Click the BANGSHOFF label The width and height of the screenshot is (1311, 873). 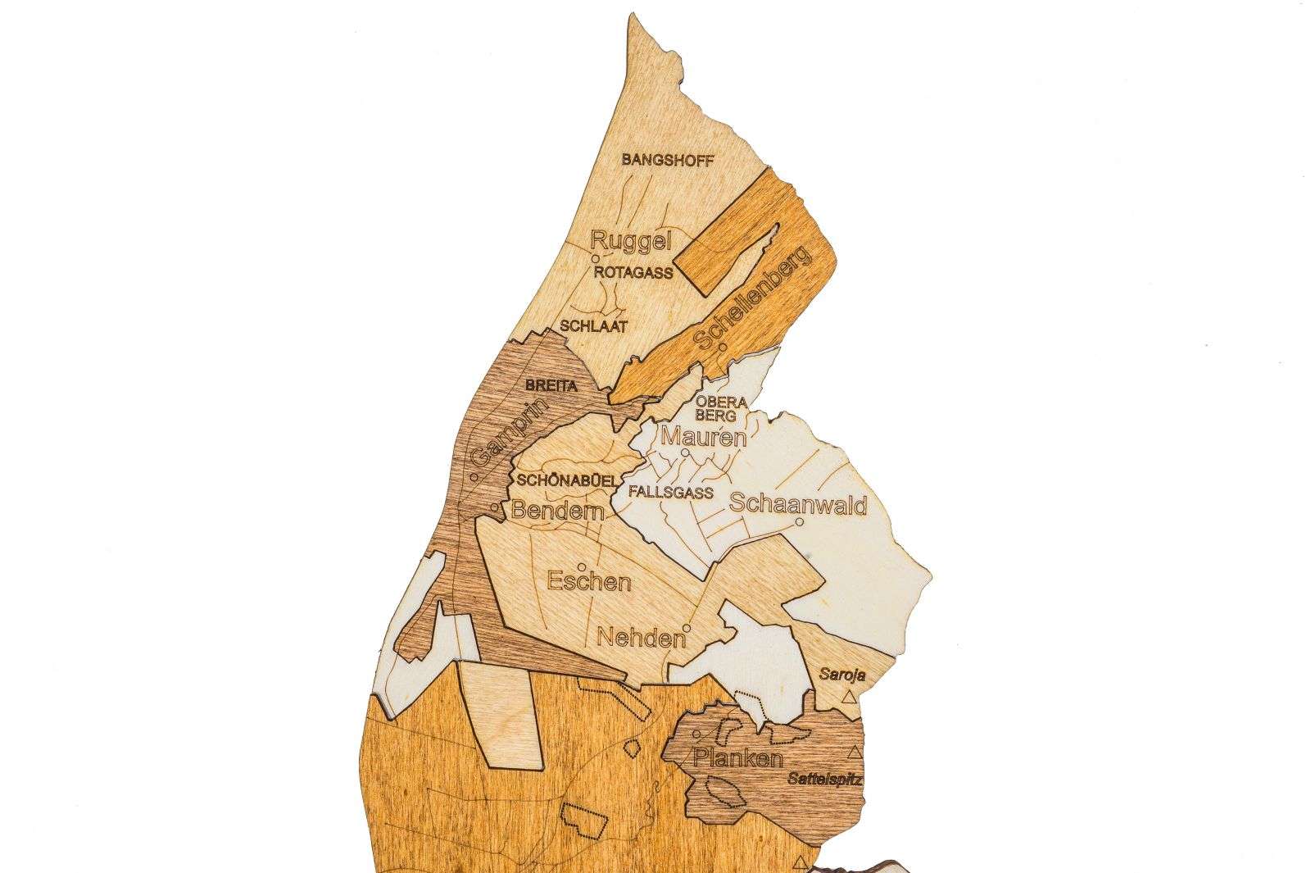(x=667, y=160)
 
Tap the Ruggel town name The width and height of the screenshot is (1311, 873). (x=631, y=241)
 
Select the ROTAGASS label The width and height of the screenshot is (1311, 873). (x=634, y=272)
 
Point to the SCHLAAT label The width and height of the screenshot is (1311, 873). (x=593, y=325)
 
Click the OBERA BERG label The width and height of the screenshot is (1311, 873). (x=722, y=408)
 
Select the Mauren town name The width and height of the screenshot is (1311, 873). (x=704, y=437)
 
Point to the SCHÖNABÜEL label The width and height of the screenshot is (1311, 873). (x=562, y=480)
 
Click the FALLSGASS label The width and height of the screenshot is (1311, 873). (x=670, y=493)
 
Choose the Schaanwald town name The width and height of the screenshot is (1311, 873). (x=797, y=504)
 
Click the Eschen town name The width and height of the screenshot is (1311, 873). (x=588, y=582)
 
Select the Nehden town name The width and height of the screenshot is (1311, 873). (x=642, y=637)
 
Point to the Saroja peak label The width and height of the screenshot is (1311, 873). (x=842, y=676)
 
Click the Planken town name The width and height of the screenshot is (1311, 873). (x=737, y=758)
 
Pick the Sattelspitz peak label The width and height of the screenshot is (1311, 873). (x=825, y=779)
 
